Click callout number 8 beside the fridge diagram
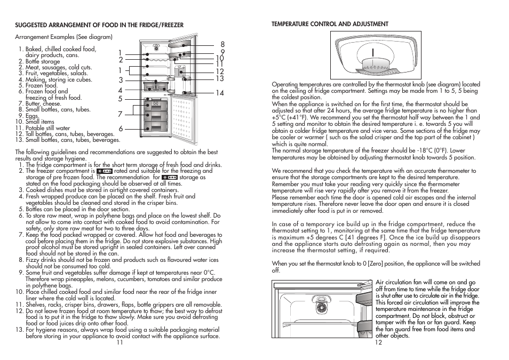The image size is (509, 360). click(x=222, y=45)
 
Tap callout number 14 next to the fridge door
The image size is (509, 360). click(x=220, y=93)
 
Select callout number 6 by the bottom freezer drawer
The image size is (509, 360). click(x=121, y=129)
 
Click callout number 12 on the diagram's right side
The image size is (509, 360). click(x=219, y=71)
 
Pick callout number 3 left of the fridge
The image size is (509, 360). click(x=121, y=81)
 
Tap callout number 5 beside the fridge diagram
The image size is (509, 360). click(x=121, y=99)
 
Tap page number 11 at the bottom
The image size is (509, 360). click(x=120, y=342)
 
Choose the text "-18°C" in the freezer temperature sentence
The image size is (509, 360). click(x=426, y=151)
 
